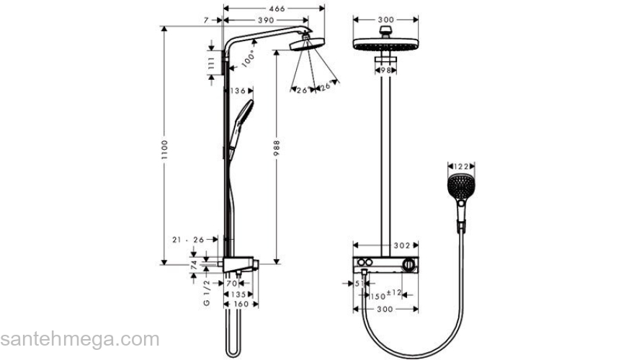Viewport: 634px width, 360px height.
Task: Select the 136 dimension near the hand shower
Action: point(238,91)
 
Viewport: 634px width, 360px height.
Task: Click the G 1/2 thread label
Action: point(206,293)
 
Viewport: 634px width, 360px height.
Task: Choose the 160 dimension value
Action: point(241,304)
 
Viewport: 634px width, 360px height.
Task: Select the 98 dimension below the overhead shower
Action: point(385,70)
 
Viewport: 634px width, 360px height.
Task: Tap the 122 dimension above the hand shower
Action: point(460,164)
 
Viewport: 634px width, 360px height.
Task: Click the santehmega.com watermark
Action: point(79,339)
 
